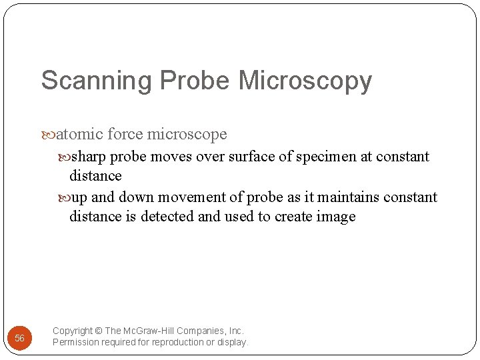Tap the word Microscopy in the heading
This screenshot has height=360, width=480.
[305, 81]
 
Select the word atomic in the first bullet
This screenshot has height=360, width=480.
[79, 134]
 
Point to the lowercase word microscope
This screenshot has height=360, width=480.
[187, 134]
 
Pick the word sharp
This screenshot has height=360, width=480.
[89, 157]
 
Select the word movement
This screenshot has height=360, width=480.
[152, 197]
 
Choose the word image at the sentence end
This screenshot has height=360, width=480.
[337, 217]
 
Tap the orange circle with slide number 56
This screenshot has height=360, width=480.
[20, 338]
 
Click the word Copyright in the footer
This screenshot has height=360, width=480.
[73, 331]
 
